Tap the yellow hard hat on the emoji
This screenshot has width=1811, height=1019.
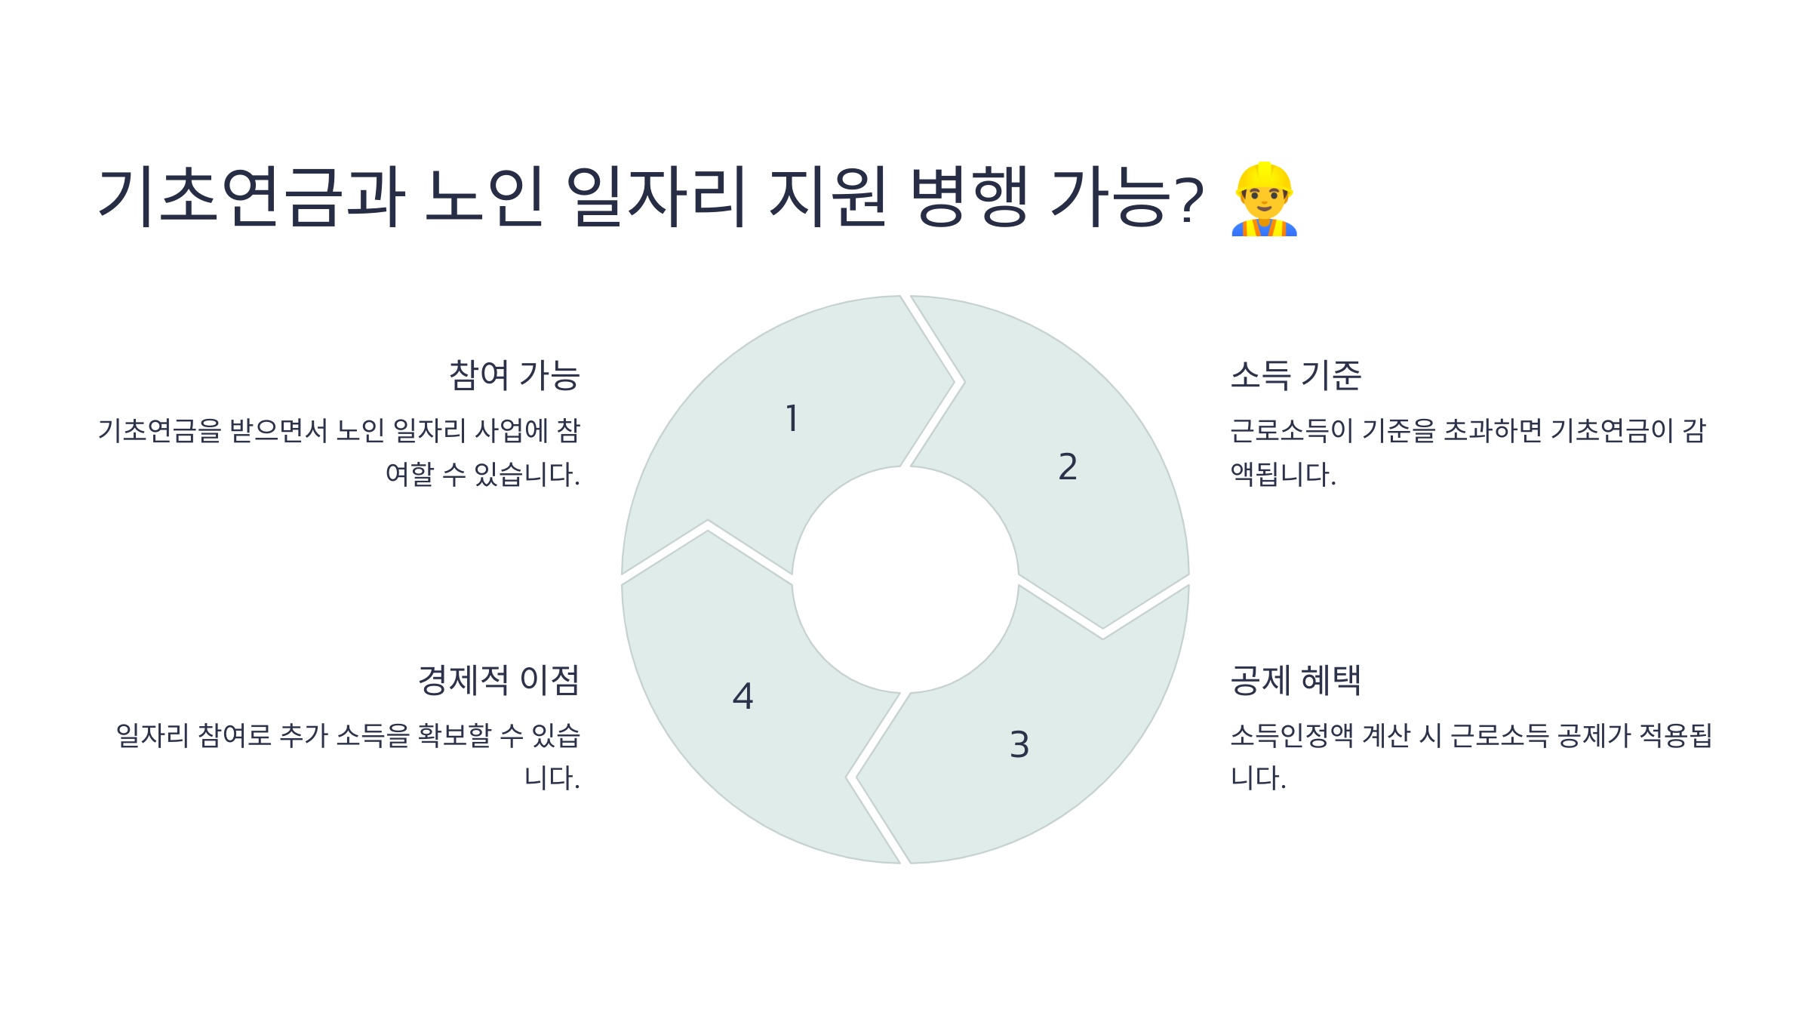[x=1265, y=176]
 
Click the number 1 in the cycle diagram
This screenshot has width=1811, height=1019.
[x=792, y=418]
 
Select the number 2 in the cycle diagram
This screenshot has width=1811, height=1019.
[x=1067, y=466]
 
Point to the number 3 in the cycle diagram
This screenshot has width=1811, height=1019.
[x=1019, y=744]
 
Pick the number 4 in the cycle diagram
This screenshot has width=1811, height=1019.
[x=743, y=696]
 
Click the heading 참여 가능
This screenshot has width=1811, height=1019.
[x=514, y=375]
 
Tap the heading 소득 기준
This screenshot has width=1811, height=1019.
[x=1296, y=375]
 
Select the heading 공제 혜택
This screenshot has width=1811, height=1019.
[x=1296, y=680]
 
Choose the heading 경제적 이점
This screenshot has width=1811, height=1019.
[x=499, y=680]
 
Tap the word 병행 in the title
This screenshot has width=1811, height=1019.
[x=969, y=196]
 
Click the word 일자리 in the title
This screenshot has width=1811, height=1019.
[x=656, y=196]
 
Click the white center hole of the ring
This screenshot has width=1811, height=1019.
[x=905, y=580]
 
